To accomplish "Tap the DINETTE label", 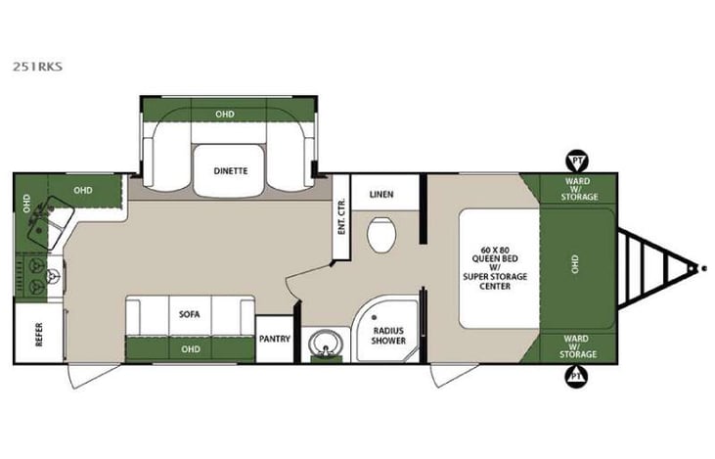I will [230, 170].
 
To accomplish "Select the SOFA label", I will [189, 315].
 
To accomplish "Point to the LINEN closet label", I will [381, 194].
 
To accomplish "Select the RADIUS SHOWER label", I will [387, 337].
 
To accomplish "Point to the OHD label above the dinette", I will [225, 115].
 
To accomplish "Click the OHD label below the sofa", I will [189, 345].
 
